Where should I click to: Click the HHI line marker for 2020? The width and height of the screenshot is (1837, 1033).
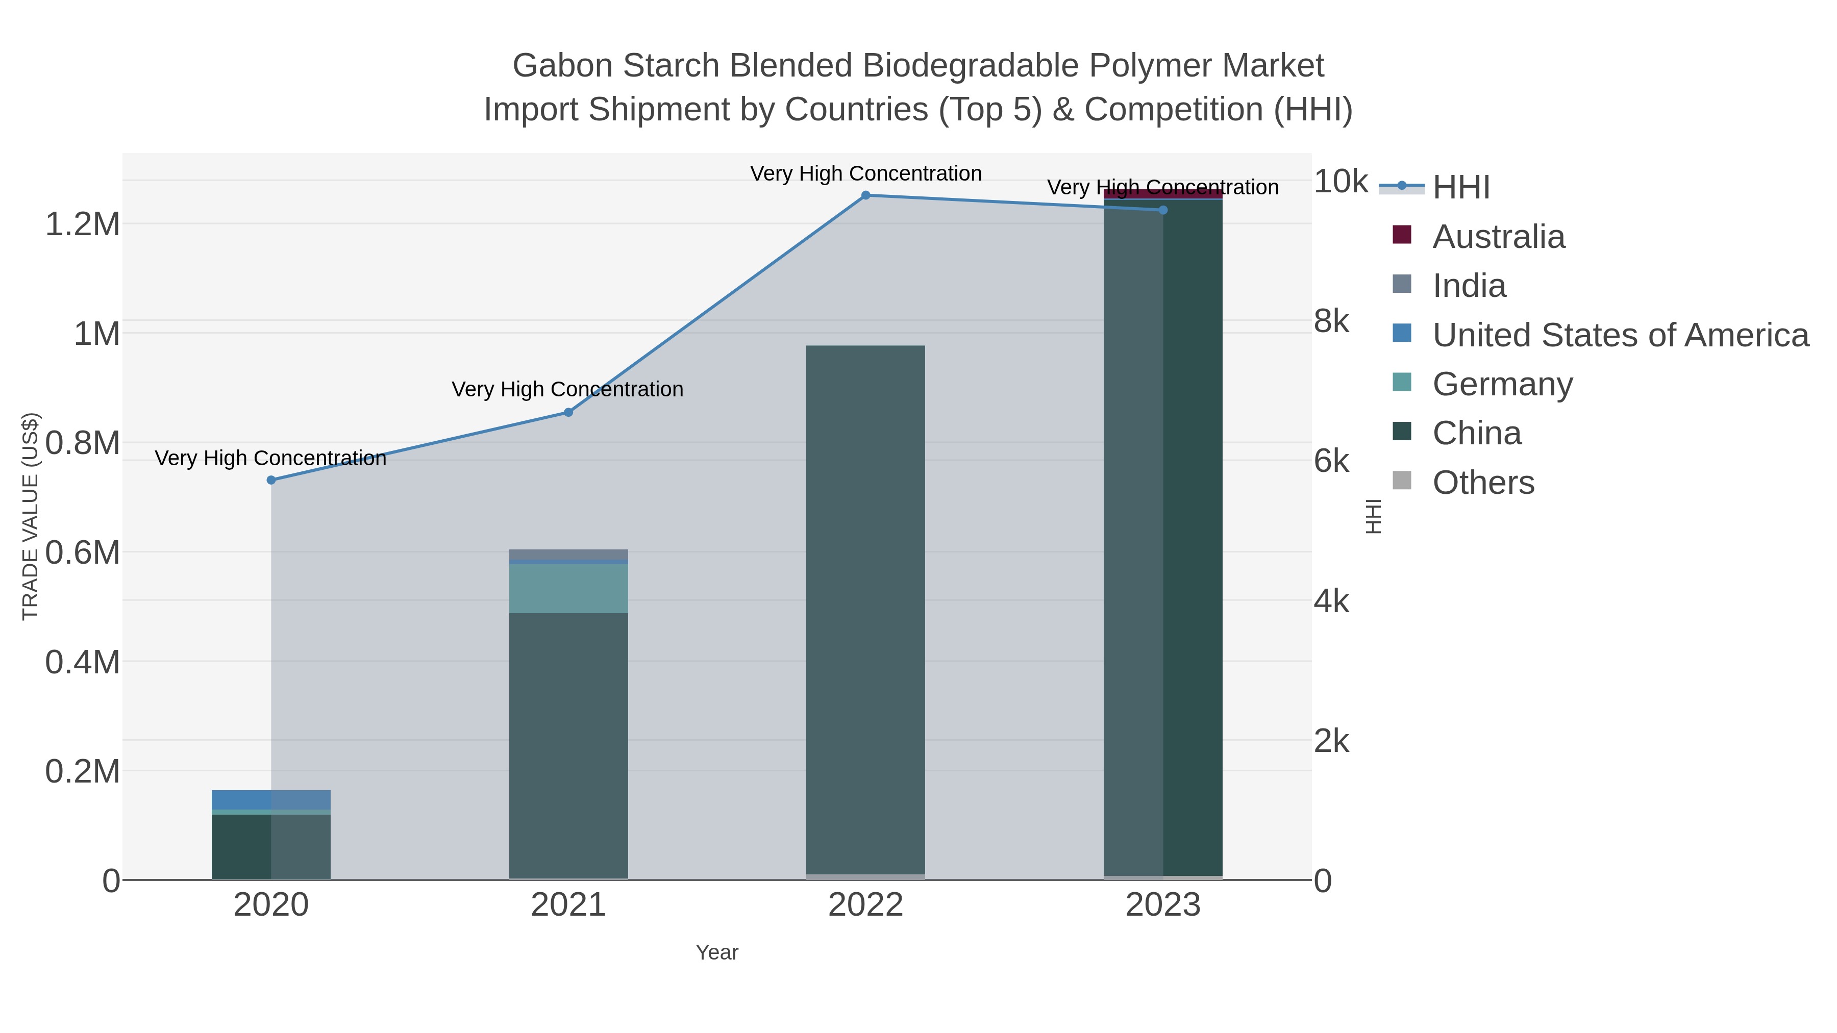tap(271, 481)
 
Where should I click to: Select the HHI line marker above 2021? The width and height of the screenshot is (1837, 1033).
tap(568, 412)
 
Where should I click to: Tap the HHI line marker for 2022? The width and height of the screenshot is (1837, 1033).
tap(866, 195)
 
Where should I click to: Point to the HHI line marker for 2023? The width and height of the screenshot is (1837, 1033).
tap(1163, 210)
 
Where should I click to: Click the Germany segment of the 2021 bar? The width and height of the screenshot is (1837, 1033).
tap(568, 588)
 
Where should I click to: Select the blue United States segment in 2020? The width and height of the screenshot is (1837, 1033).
tap(271, 799)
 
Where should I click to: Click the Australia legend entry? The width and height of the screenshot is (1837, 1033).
tap(1498, 237)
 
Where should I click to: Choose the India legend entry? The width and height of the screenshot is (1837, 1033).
tap(1469, 286)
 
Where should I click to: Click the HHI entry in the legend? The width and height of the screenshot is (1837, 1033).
tap(1460, 188)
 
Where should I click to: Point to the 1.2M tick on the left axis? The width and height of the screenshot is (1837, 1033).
tap(83, 224)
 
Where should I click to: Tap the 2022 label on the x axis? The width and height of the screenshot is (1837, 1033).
tap(866, 905)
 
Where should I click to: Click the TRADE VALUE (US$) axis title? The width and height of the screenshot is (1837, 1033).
tap(31, 516)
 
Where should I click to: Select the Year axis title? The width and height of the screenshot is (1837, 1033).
tap(717, 952)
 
